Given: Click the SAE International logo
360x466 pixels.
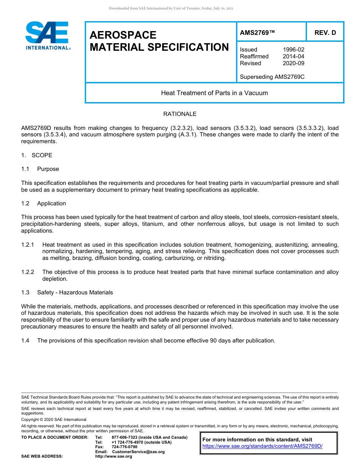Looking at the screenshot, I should (x=47, y=36).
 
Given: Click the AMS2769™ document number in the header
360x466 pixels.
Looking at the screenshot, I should (x=257, y=33).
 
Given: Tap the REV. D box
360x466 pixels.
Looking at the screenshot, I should (x=325, y=33).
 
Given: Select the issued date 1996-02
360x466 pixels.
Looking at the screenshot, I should (x=293, y=50).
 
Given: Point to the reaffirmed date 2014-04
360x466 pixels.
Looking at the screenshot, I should (x=293, y=56).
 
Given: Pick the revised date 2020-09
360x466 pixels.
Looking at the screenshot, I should (x=293, y=63).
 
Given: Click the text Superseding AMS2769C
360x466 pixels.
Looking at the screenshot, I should (x=272, y=77).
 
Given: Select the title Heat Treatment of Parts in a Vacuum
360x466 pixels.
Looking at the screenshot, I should (x=214, y=93).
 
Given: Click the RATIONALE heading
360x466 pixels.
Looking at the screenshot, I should (x=180, y=114).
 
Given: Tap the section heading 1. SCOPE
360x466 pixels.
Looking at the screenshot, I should (x=37, y=155).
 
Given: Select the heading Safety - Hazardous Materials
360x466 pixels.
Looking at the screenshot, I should (x=75, y=292).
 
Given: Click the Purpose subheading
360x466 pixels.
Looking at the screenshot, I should (x=48, y=169).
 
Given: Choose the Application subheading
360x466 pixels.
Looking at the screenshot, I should (x=52, y=203).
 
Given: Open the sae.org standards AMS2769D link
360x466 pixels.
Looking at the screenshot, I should (x=262, y=446).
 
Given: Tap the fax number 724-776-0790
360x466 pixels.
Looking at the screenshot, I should (x=124, y=447).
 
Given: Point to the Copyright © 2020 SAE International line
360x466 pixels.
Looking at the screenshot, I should (x=54, y=420).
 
